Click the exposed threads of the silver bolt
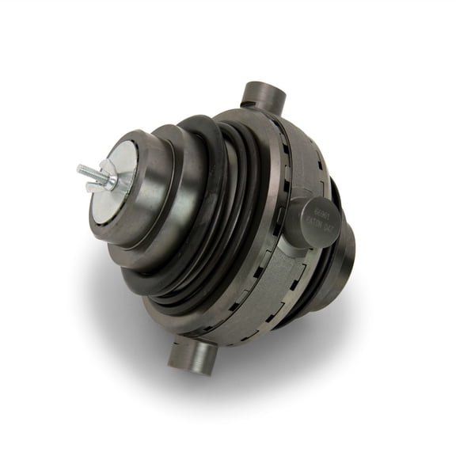coord(88,172)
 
